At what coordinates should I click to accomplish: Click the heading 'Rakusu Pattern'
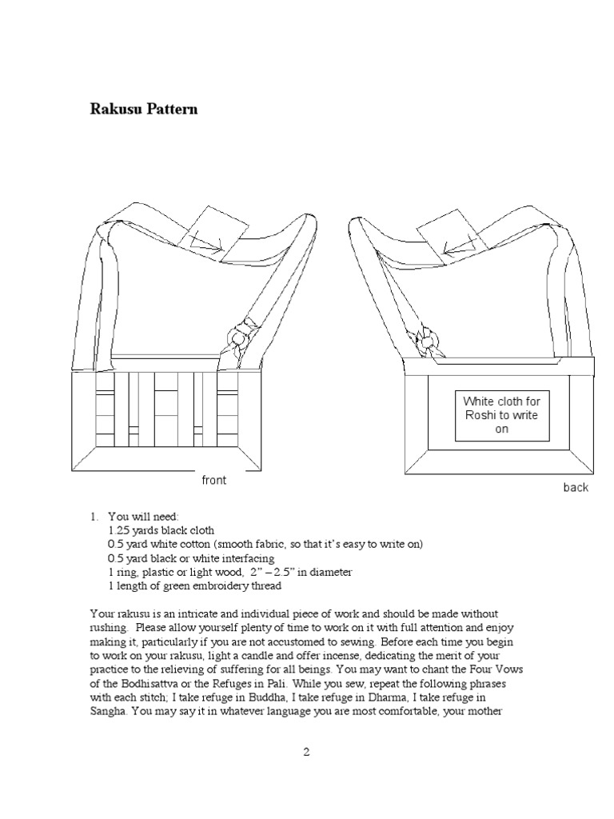[143, 109]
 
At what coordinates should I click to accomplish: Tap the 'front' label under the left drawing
[213, 480]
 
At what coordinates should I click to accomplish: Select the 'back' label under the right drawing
[575, 487]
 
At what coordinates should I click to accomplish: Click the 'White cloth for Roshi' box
[502, 414]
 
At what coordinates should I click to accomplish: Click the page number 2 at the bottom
[306, 752]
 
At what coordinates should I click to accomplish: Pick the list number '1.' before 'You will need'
[94, 517]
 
